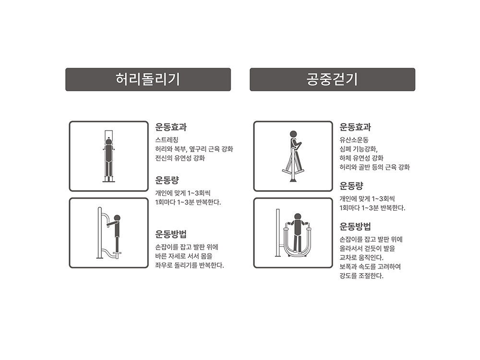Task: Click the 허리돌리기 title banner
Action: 148,79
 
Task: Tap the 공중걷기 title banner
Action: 333,79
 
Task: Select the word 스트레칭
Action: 167,140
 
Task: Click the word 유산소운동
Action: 354,140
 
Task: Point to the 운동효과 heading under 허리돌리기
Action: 171,127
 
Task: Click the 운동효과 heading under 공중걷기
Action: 355,127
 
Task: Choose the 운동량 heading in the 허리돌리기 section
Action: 167,180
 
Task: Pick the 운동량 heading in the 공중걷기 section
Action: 351,186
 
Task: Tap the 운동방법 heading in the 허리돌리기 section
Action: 171,234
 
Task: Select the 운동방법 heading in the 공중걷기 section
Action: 355,227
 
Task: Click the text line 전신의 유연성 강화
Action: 180,158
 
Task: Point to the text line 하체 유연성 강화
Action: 361,158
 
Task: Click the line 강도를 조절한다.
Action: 361,276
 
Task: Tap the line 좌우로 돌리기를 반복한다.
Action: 190,265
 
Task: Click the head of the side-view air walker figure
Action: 293,134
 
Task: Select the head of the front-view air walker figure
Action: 298,217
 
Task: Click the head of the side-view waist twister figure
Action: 117,218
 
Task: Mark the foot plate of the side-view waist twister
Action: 117,253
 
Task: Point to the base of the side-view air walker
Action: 293,180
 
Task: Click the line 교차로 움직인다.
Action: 361,258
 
